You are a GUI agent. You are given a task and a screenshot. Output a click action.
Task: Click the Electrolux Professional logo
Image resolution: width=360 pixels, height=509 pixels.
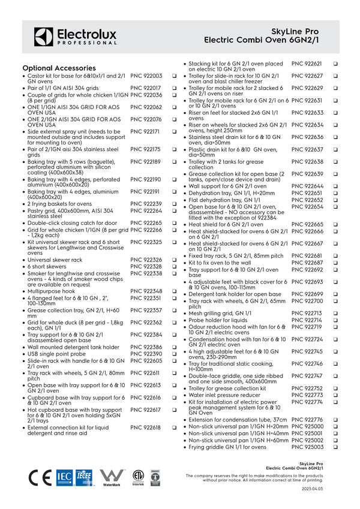[x=75, y=37]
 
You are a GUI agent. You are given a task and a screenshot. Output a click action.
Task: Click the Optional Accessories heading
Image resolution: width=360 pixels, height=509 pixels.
[x=59, y=68]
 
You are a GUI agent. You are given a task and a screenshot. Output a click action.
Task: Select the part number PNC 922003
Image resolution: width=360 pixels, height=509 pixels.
[x=146, y=76]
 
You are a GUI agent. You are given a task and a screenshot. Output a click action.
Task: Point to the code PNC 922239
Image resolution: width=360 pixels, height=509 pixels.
[x=146, y=204]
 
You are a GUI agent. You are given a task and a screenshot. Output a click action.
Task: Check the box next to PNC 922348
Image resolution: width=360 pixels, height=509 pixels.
[x=173, y=291]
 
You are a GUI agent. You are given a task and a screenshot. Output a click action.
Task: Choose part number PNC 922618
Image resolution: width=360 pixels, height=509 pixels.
[x=146, y=427]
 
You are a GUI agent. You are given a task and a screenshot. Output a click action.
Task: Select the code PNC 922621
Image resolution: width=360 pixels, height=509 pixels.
[x=307, y=64]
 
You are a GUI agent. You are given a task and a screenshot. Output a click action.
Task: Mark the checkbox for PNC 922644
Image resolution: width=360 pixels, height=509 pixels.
[x=335, y=186]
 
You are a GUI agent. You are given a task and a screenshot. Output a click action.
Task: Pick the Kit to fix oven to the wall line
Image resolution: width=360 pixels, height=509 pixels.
[x=220, y=263]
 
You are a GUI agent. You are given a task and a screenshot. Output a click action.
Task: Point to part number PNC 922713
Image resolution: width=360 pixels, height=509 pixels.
[x=307, y=313]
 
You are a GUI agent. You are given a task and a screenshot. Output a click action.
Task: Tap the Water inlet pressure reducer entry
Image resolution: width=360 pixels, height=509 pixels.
[x=226, y=395]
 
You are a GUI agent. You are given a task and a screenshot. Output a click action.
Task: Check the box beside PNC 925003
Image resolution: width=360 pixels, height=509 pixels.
[x=335, y=447]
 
